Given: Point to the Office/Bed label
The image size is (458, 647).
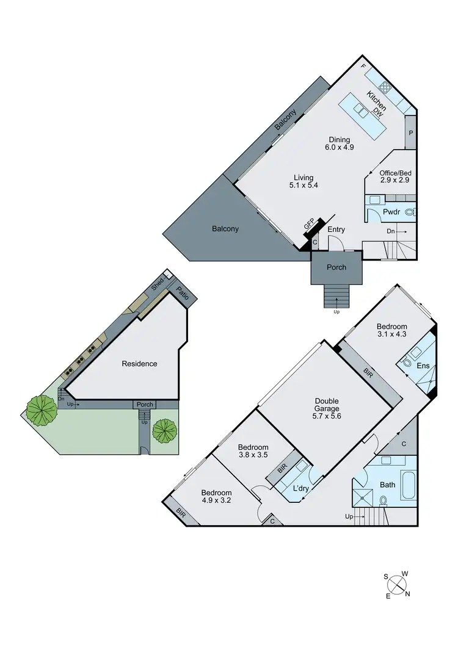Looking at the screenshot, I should (x=393, y=173).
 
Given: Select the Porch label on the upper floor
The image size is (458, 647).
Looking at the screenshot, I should (x=336, y=267).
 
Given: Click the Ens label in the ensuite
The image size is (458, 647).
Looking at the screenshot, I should (x=423, y=366).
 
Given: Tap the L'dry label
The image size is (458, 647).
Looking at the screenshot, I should (x=301, y=488).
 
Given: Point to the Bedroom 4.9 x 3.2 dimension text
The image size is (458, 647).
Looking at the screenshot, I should (x=217, y=501).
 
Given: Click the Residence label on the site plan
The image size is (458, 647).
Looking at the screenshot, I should (x=139, y=364).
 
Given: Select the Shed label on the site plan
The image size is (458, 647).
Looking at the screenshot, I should (x=158, y=284).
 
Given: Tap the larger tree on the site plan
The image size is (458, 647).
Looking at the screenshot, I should (x=42, y=410).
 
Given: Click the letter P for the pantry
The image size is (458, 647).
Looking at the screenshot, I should (x=411, y=132).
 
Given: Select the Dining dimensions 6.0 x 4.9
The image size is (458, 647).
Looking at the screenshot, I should (x=340, y=147).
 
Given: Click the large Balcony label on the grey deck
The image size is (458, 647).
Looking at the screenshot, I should (x=225, y=229).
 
